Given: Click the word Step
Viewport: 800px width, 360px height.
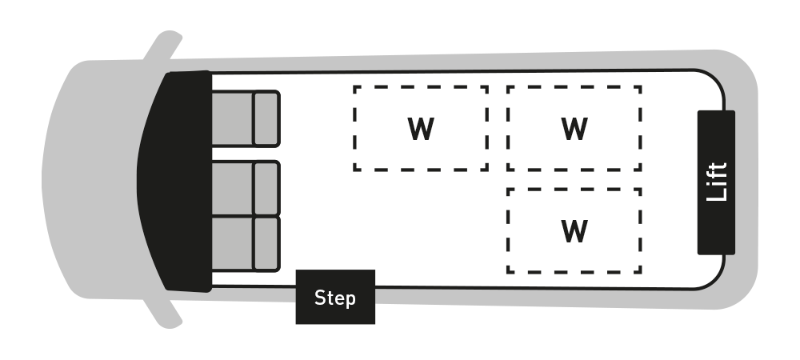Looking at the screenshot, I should pyautogui.click(x=335, y=298).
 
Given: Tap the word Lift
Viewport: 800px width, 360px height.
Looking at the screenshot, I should pyautogui.click(x=718, y=182).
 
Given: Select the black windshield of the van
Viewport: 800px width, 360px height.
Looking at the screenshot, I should pyautogui.click(x=172, y=180).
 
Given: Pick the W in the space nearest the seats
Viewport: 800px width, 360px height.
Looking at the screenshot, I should pyautogui.click(x=421, y=129).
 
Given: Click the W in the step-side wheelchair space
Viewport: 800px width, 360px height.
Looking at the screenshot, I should pyautogui.click(x=574, y=231).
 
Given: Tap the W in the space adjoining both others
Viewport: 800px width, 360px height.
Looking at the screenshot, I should pyautogui.click(x=574, y=129).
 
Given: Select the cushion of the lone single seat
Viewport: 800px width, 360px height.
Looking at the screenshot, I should pyautogui.click(x=232, y=118).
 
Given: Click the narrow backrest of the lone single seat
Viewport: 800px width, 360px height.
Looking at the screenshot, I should pyautogui.click(x=266, y=118).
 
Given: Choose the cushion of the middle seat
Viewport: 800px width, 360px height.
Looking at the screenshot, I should pyautogui.click(x=232, y=188).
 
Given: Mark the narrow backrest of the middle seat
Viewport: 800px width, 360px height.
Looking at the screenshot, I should pyautogui.click(x=266, y=188).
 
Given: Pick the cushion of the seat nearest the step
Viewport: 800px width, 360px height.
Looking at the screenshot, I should pyautogui.click(x=232, y=243).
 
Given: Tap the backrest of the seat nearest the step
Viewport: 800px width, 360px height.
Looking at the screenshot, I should pyautogui.click(x=266, y=243).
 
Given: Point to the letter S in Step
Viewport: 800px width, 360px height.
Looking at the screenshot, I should pyautogui.click(x=320, y=298).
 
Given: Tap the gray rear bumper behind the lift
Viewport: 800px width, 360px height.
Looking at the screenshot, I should pyautogui.click(x=748, y=180).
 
